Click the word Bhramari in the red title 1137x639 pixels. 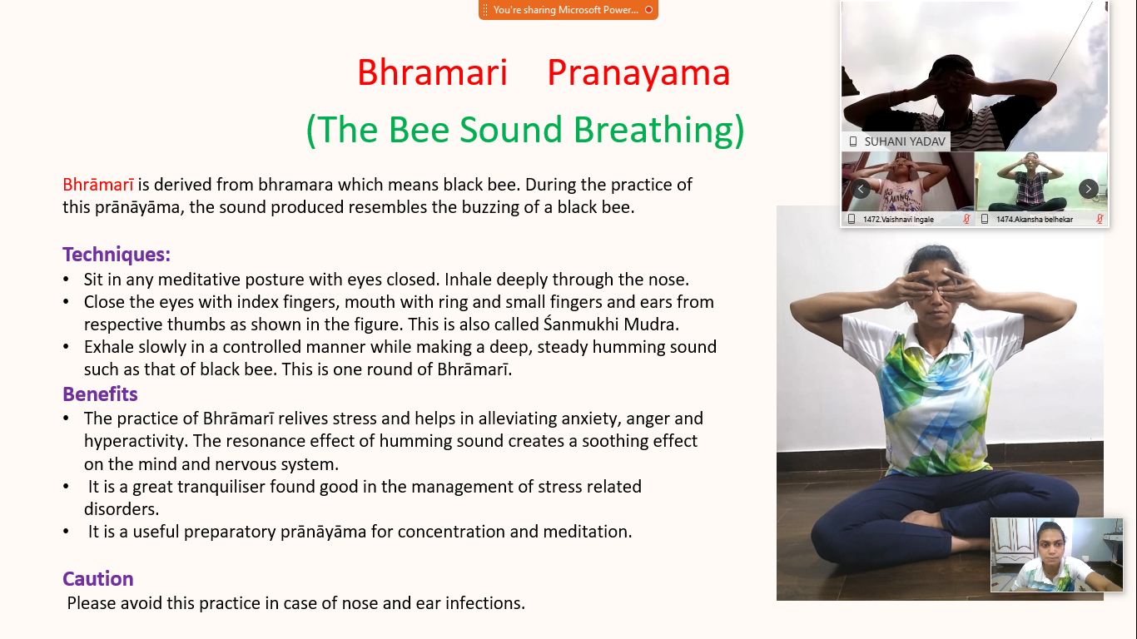click(x=432, y=73)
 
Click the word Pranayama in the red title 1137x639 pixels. click(x=638, y=73)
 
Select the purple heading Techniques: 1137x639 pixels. click(x=117, y=255)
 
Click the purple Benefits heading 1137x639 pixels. click(x=100, y=394)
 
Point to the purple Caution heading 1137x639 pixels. click(x=98, y=579)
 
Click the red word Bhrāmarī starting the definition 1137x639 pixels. click(x=98, y=185)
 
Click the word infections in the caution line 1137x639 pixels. click(x=486, y=602)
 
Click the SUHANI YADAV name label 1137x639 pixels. click(x=904, y=141)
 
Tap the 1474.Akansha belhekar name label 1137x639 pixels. click(x=1034, y=220)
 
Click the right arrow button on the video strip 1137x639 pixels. click(x=1088, y=189)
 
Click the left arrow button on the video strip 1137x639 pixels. click(x=861, y=189)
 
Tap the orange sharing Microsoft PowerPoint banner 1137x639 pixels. click(x=568, y=10)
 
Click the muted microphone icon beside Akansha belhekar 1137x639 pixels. click(x=1100, y=220)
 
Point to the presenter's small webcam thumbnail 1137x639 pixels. click(x=1056, y=555)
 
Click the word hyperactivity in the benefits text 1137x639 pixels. click(x=136, y=441)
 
